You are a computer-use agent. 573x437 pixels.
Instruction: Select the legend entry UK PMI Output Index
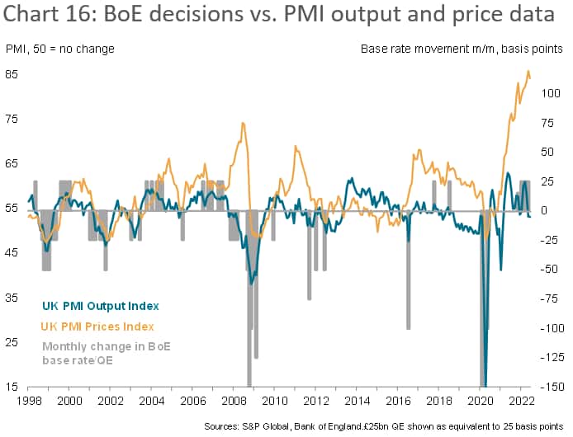coord(100,307)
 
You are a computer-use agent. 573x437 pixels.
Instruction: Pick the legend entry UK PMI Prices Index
coord(97,327)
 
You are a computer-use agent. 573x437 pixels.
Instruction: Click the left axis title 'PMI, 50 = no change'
coord(60,49)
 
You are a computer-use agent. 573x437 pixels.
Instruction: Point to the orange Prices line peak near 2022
coord(528,73)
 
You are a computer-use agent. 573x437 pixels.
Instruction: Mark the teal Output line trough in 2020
coord(485,384)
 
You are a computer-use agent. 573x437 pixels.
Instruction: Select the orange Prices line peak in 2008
coord(243,124)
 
